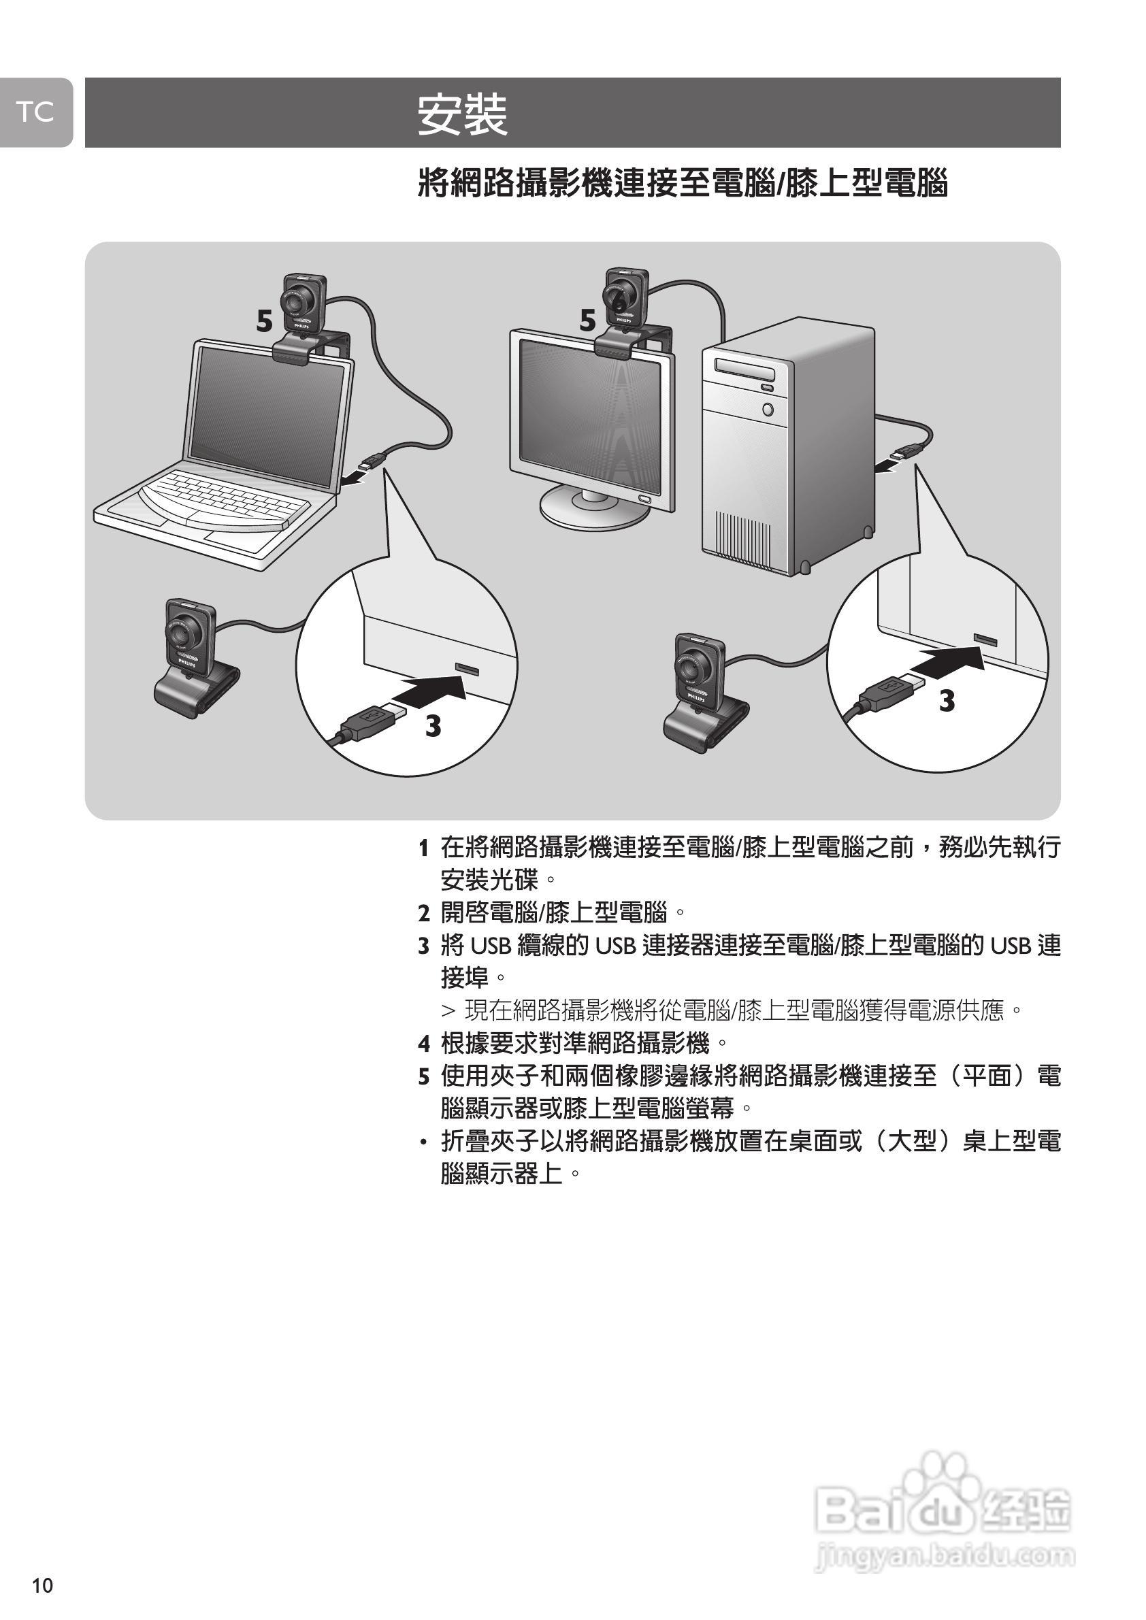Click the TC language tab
click(x=35, y=112)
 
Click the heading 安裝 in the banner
click(x=462, y=114)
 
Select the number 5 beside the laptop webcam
click(x=264, y=322)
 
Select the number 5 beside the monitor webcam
click(x=588, y=321)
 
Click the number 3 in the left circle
click(x=433, y=725)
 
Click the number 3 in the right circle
click(x=947, y=701)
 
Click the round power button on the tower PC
click(x=768, y=408)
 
